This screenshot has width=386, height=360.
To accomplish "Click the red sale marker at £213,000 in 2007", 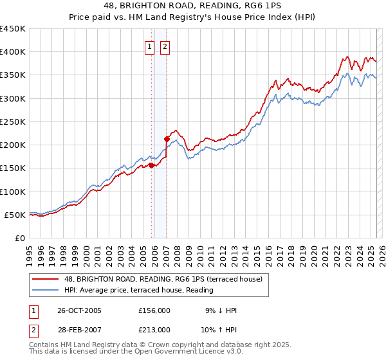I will (x=167, y=138).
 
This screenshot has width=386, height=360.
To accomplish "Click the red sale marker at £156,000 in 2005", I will (x=152, y=165).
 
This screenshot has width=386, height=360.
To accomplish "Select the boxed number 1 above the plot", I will (x=149, y=46).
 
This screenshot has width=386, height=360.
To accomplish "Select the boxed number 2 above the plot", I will (x=165, y=46).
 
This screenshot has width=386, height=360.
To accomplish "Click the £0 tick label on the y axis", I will (x=19, y=238).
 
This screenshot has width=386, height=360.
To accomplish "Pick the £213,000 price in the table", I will (x=154, y=329).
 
